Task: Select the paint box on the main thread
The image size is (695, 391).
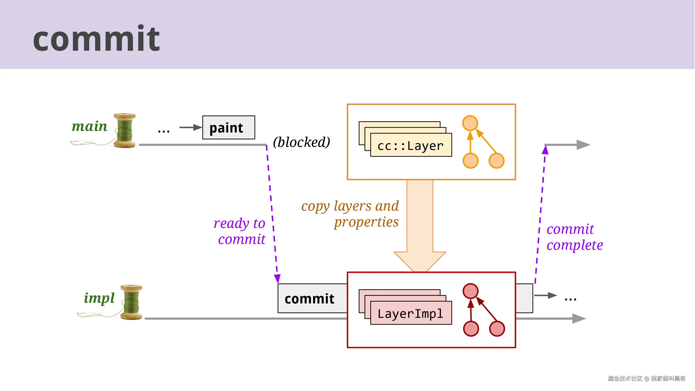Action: click(x=228, y=127)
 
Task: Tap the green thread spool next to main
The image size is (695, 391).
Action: click(x=124, y=130)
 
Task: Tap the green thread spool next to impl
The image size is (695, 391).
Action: click(x=131, y=302)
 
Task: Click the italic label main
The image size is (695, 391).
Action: click(x=89, y=126)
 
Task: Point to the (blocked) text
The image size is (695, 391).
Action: click(x=301, y=142)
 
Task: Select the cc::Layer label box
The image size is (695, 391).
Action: click(x=411, y=145)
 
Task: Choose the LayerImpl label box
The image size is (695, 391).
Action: click(x=411, y=313)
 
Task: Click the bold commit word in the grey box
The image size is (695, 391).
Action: click(x=309, y=299)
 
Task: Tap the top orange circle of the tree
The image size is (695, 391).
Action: click(x=470, y=123)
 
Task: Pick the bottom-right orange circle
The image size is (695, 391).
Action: click(x=496, y=161)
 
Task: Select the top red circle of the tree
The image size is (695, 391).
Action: click(x=470, y=291)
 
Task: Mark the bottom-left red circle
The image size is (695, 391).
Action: click(x=471, y=328)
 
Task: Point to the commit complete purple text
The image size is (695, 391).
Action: click(x=574, y=237)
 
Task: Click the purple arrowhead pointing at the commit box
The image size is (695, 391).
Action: click(x=277, y=278)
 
